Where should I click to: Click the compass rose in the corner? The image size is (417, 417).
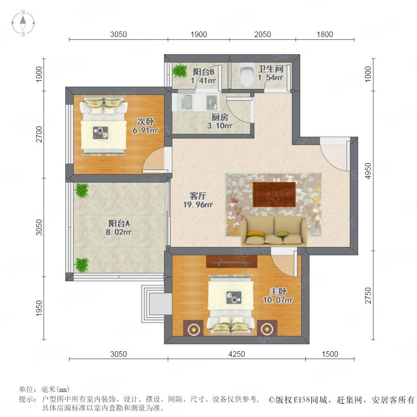coord(23,23)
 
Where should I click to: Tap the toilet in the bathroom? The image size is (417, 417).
coord(246,75)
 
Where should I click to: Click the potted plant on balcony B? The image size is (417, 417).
coord(180,70)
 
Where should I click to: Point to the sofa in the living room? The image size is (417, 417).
coord(274,231)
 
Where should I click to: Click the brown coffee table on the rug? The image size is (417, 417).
coord(274,195)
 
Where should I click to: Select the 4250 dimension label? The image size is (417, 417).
coord(236,354)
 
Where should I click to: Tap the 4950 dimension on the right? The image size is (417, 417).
coord(368,171)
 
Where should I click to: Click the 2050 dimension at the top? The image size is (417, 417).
coord(263,34)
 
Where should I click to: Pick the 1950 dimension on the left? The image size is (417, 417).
coord(39,308)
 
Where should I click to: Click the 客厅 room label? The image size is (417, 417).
coord(197,196)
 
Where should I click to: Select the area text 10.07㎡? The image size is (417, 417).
coord(278,300)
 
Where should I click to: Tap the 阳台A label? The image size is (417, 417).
coord(119,223)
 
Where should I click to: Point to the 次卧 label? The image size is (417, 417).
coord(145,121)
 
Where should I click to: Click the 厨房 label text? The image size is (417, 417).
coord(220,117)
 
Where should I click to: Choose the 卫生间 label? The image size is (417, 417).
coord(271,69)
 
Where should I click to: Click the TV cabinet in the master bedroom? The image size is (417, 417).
coord(232,262)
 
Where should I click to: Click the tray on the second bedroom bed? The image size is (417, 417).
coord(101,133)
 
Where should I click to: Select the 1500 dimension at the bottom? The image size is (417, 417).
coord(330,354)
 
